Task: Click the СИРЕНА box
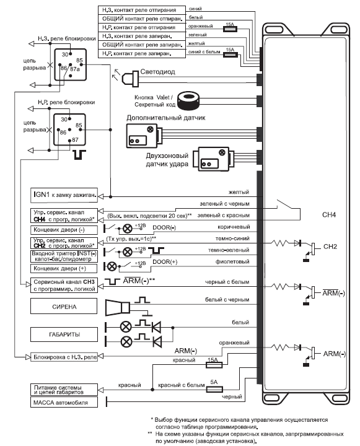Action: click(64, 306)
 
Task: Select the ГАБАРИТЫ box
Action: click(64, 334)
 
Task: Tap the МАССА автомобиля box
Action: click(64, 402)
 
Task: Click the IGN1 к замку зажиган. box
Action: click(64, 195)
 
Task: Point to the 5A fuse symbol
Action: click(214, 389)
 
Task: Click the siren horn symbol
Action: click(118, 307)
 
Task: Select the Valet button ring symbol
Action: click(188, 100)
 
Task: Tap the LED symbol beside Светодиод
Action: click(130, 77)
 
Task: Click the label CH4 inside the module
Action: click(328, 215)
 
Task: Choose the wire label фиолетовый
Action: click(232, 261)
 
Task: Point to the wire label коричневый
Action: click(234, 227)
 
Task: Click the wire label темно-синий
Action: click(232, 238)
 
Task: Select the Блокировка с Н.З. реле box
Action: click(64, 357)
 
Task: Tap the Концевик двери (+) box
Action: click(64, 268)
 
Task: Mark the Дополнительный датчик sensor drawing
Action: click(144, 136)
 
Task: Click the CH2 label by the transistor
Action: click(330, 247)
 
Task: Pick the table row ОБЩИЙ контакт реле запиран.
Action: click(142, 45)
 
